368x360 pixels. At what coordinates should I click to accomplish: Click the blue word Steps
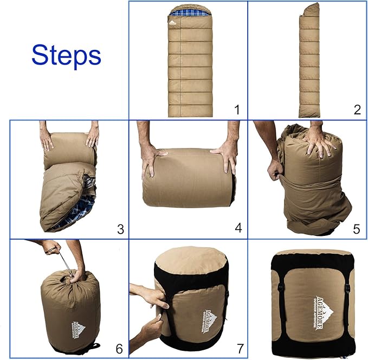tap(66, 55)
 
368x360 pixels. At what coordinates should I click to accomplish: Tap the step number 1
tap(236, 110)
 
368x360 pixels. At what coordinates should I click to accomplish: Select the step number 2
tap(357, 110)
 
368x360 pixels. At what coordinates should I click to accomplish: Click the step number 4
tap(237, 228)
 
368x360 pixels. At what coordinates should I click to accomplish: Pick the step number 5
tap(356, 228)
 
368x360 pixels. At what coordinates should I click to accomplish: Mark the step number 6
tap(119, 348)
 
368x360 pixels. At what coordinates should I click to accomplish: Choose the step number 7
tap(237, 348)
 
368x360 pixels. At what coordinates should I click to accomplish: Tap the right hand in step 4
tap(224, 156)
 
